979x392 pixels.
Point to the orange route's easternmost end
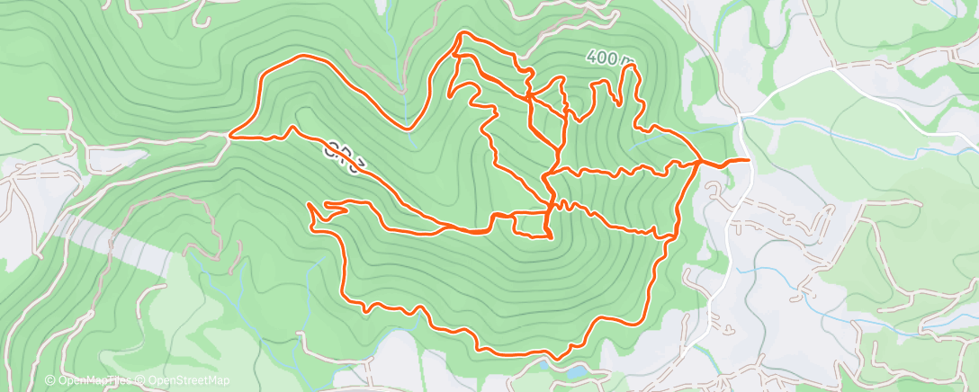(x=748, y=160)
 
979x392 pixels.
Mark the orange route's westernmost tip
(x=230, y=137)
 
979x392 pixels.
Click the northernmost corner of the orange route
(x=463, y=32)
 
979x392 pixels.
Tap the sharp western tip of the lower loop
(x=309, y=205)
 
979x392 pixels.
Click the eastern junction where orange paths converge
(x=700, y=161)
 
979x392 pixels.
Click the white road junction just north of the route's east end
(x=740, y=115)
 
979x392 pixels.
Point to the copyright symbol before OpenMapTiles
(x=50, y=381)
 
